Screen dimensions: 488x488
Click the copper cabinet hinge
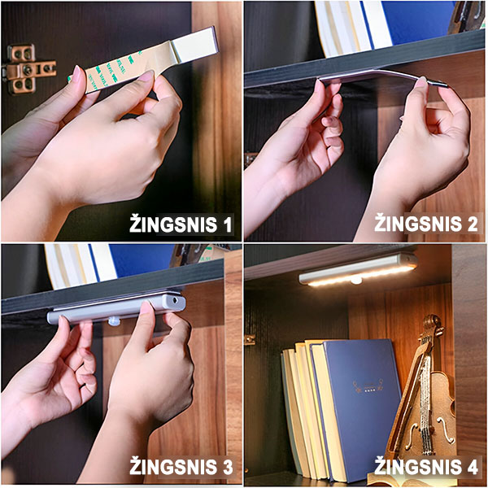pyautogui.click(x=28, y=69)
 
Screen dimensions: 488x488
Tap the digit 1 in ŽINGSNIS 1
pyautogui.click(x=228, y=224)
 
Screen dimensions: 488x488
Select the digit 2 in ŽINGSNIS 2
pyautogui.click(x=472, y=224)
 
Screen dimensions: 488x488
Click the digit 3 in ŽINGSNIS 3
pyautogui.click(x=227, y=467)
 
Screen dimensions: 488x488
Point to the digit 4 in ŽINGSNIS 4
pyautogui.click(x=472, y=467)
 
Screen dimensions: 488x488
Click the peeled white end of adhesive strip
pyautogui.click(x=195, y=45)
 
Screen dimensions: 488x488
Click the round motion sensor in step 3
pyautogui.click(x=114, y=320)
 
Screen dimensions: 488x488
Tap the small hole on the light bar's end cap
pyautogui.click(x=176, y=301)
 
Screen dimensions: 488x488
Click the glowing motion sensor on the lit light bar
pyautogui.click(x=355, y=280)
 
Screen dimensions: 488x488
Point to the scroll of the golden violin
pyautogui.click(x=432, y=327)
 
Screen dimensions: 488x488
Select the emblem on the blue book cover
pyautogui.click(x=368, y=386)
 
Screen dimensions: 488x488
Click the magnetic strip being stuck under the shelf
pyautogui.click(x=382, y=77)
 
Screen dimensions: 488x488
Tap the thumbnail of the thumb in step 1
pyautogui.click(x=146, y=76)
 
